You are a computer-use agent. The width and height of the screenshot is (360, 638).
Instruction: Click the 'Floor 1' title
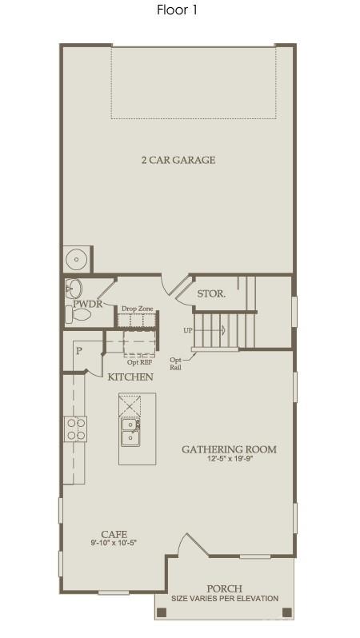click(x=178, y=10)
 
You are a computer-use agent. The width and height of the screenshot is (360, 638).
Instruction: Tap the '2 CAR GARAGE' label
click(x=178, y=160)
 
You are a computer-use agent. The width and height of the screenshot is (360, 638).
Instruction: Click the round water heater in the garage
click(x=77, y=259)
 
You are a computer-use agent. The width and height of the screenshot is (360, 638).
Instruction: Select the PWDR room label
click(x=85, y=305)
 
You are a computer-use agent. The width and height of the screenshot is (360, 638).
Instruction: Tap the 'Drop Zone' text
click(x=137, y=309)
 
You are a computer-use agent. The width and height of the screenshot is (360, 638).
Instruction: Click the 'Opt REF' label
click(x=139, y=362)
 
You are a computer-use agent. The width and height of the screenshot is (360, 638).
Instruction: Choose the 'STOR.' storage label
click(x=211, y=293)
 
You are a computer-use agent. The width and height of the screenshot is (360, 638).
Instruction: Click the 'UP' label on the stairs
click(x=187, y=329)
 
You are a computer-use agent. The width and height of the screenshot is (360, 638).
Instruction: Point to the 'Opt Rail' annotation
click(x=176, y=364)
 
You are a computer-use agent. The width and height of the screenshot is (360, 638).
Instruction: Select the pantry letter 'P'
click(x=79, y=350)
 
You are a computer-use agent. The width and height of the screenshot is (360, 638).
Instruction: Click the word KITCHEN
click(x=130, y=377)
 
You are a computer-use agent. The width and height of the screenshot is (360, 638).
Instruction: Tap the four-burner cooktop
click(x=76, y=429)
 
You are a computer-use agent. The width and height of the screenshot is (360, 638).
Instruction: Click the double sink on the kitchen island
click(x=130, y=431)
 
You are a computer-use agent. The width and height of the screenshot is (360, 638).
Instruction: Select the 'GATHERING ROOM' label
click(x=229, y=449)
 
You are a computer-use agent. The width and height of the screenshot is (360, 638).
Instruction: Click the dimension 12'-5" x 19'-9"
click(x=229, y=460)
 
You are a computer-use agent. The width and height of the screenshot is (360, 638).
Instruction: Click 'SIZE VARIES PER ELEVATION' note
click(x=225, y=598)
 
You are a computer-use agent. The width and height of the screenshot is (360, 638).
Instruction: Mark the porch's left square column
click(x=162, y=612)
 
